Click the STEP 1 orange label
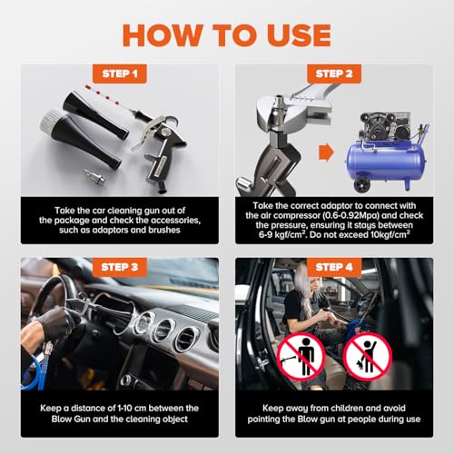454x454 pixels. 120,74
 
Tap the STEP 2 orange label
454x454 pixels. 334,74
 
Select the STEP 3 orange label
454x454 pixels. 120,267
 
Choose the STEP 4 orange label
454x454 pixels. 334,267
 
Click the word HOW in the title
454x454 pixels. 163,35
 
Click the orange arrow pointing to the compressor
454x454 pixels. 326,153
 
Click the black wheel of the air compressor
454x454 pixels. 362,184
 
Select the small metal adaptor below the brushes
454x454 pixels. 94,177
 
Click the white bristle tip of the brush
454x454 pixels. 50,120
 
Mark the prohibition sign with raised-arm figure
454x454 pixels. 368,357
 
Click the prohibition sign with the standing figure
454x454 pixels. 301,357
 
